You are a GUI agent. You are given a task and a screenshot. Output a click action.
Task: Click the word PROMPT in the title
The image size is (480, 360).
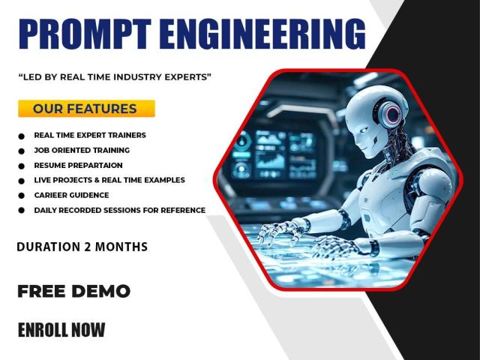(85, 34)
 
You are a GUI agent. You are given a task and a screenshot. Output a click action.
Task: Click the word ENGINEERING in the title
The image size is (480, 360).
(262, 34)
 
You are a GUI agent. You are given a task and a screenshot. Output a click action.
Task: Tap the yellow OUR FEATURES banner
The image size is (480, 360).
(86, 108)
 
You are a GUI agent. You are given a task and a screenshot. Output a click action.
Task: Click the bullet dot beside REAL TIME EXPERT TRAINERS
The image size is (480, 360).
(21, 136)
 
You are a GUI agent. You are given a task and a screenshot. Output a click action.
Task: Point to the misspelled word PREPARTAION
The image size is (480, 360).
(95, 165)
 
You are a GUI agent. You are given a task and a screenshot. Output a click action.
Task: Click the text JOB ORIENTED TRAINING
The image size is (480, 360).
(82, 150)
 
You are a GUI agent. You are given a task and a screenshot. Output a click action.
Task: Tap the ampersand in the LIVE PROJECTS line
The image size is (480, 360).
(97, 180)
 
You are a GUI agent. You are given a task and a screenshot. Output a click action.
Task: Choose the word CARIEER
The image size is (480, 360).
(49, 195)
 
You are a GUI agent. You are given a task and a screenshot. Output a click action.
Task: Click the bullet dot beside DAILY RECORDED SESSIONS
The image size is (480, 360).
(21, 210)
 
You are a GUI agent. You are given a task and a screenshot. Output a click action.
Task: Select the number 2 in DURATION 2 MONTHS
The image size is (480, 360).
(88, 247)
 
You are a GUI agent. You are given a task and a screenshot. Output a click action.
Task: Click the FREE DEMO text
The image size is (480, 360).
(73, 291)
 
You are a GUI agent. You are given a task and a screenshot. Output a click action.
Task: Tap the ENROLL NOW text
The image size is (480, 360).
(61, 330)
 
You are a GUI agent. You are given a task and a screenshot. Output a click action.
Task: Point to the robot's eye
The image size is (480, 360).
(364, 130)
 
